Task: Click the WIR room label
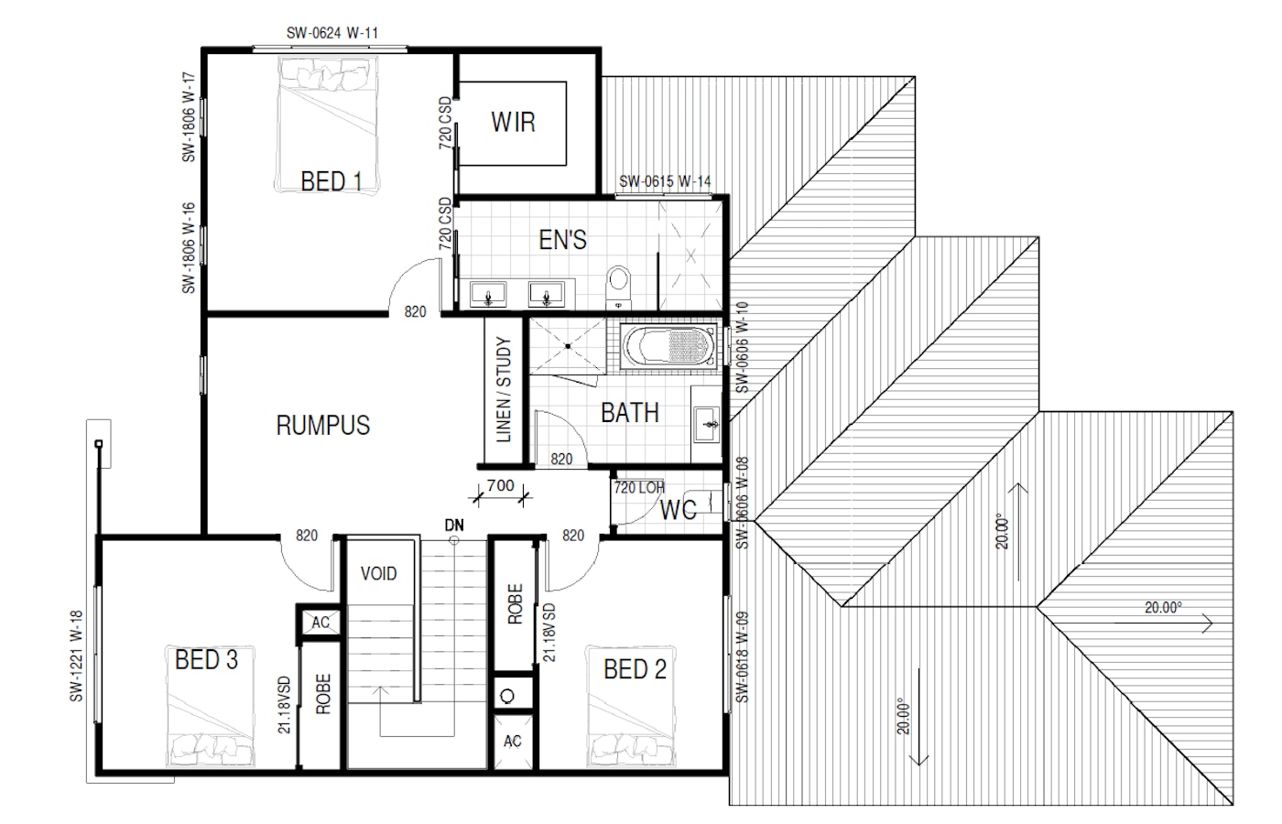(x=514, y=122)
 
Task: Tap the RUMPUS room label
(x=322, y=425)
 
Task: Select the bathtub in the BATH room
(x=668, y=346)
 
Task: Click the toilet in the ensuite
(x=618, y=286)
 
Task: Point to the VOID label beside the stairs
(x=378, y=573)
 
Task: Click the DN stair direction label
(x=454, y=525)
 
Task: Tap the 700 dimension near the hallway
(x=500, y=485)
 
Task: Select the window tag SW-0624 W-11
(x=332, y=33)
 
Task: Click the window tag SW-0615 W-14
(x=665, y=181)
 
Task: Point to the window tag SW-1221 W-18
(x=76, y=656)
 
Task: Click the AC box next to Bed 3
(x=320, y=622)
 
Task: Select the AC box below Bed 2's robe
(x=513, y=741)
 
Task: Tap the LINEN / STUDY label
(x=503, y=389)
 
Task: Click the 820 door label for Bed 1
(x=415, y=312)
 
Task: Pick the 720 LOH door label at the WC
(x=639, y=487)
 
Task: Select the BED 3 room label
(x=206, y=660)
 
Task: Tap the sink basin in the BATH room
(x=707, y=424)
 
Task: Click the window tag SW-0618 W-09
(x=742, y=657)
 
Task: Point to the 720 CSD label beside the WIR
(x=445, y=123)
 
